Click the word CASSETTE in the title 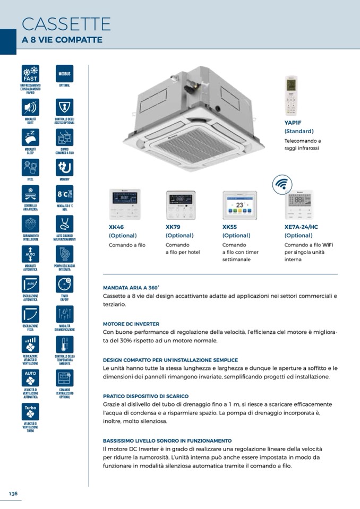pos(66,24)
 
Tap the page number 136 pos(13,494)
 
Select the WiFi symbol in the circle pos(282,185)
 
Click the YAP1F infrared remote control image pos(291,96)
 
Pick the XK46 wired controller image pos(125,204)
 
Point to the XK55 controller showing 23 pos(239,205)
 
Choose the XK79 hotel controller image pos(181,205)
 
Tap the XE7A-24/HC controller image pos(299,205)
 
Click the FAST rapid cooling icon pos(30,74)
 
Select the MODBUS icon pos(65,74)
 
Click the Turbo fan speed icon pos(30,412)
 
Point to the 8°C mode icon pos(65,195)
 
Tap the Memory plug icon pos(65,167)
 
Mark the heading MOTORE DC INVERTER pos(131,323)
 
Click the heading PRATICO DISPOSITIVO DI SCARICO pos(145,396)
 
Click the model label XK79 pos(173,227)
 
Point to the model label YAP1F pos(293,122)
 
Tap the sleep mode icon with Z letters pos(30,137)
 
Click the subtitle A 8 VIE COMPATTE pos(62,40)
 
